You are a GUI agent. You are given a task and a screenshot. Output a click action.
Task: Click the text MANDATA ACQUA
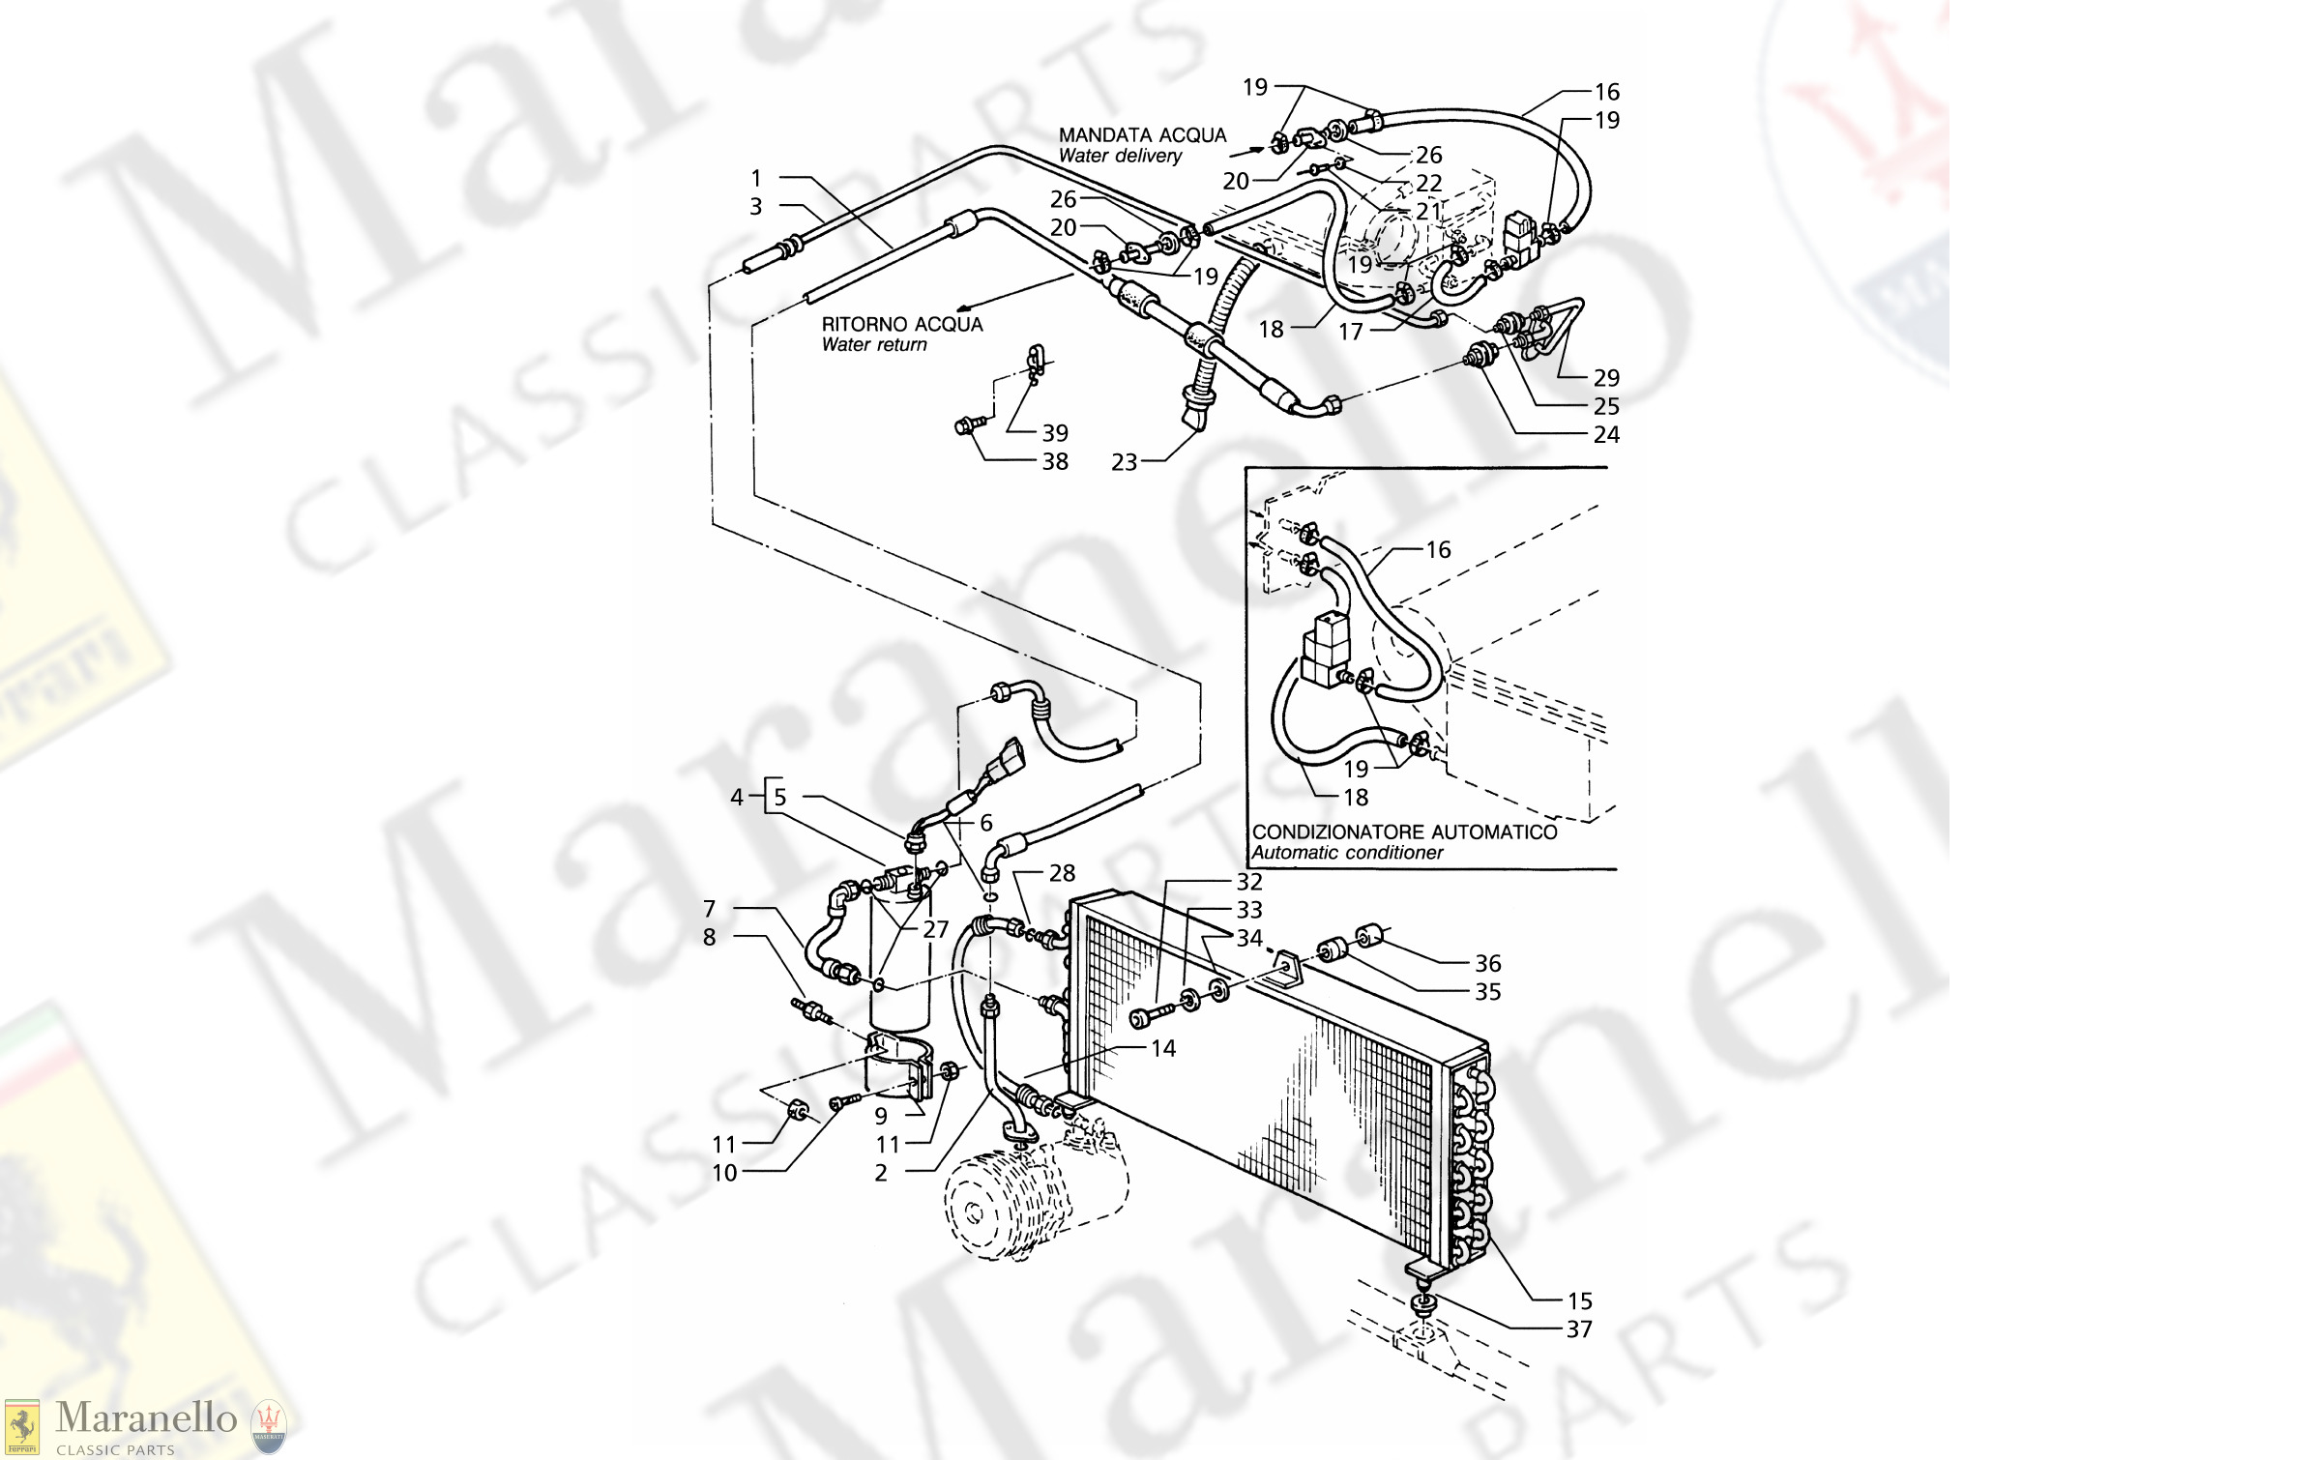coord(1141,135)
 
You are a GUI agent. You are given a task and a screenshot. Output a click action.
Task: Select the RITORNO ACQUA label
coord(901,324)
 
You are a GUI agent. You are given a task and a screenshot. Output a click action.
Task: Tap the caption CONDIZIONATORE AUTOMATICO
coord(1404,832)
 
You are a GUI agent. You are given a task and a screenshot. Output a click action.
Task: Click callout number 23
coord(1124,462)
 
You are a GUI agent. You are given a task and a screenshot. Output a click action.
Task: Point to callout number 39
coord(1055,433)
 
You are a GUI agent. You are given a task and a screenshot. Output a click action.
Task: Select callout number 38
coord(1055,461)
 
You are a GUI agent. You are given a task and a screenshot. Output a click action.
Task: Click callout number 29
coord(1606,377)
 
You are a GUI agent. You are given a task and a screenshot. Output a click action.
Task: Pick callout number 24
coord(1606,434)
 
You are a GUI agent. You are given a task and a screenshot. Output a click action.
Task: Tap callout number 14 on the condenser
coord(1163,1048)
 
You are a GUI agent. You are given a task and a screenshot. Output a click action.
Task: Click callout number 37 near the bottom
coord(1579,1329)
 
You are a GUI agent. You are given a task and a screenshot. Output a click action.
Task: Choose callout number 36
coord(1487,963)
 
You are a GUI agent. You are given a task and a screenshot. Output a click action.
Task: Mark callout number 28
coord(1062,873)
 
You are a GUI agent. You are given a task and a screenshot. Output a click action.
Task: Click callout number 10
coord(724,1173)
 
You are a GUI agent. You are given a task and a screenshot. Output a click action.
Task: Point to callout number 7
coord(709,909)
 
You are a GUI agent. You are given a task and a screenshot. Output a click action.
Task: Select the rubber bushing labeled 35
coord(1333,949)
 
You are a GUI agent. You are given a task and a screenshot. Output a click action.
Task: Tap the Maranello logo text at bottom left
coord(145,1418)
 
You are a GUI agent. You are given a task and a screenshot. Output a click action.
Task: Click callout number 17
coord(1350,332)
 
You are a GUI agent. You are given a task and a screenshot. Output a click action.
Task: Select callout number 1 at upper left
coord(756,178)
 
